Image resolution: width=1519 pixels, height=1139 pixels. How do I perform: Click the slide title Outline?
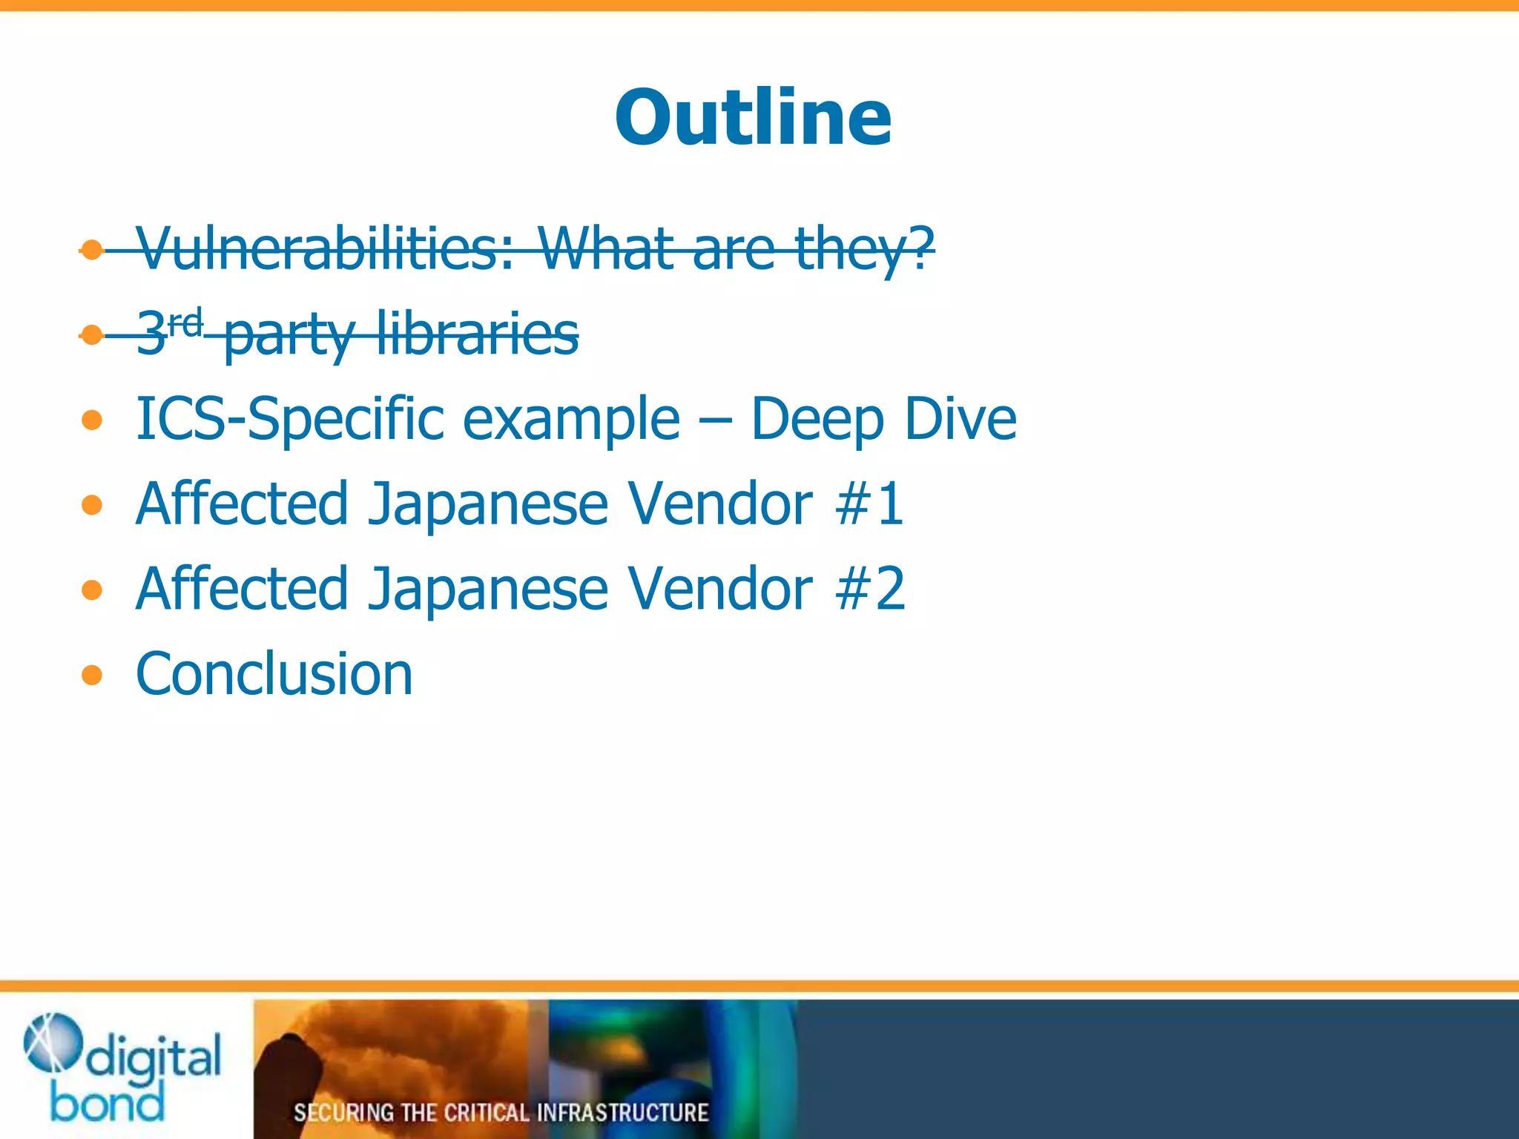tap(753, 119)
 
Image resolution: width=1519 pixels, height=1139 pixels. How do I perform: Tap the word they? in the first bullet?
tap(864, 251)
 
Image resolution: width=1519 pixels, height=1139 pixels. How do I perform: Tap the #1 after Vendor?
tap(869, 504)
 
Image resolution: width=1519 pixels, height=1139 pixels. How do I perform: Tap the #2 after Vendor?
tap(869, 589)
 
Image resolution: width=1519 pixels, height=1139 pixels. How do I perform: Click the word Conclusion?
tap(274, 674)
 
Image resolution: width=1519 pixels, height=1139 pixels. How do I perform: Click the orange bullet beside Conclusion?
tap(92, 675)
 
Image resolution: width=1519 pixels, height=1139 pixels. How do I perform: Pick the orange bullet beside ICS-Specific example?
tap(92, 420)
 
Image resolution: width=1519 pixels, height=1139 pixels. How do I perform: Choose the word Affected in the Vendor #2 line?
tap(242, 589)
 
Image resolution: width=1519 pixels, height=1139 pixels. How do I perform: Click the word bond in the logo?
tap(108, 1103)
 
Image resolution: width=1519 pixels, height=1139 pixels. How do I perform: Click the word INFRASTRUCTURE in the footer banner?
tap(622, 1112)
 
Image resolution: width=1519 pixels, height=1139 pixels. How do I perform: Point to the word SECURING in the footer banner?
tap(343, 1112)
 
